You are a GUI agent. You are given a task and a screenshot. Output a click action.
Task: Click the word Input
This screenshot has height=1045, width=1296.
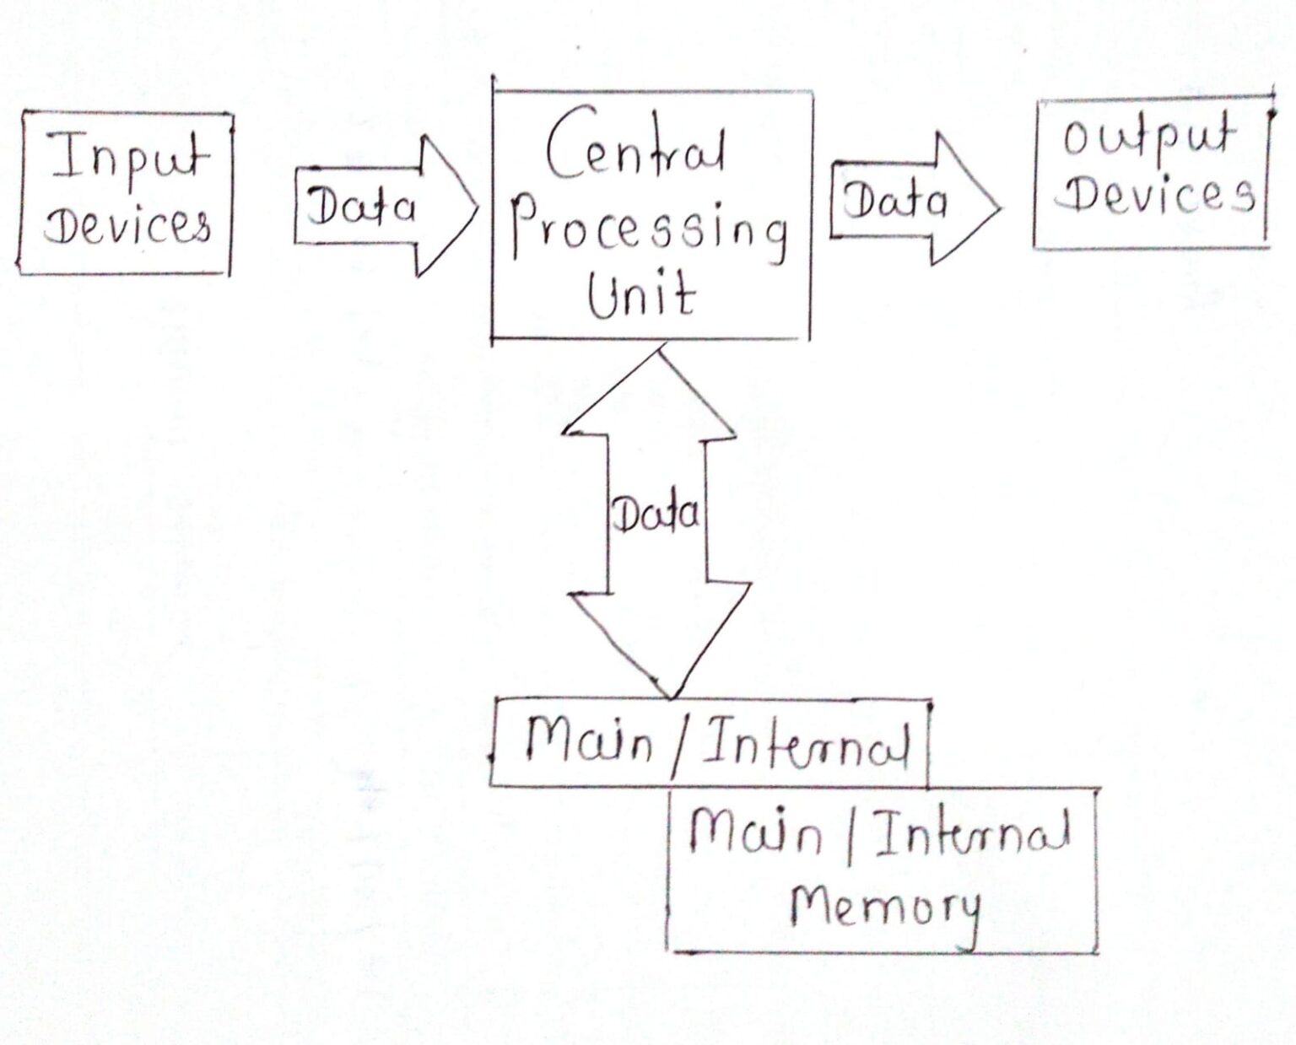coord(129,159)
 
